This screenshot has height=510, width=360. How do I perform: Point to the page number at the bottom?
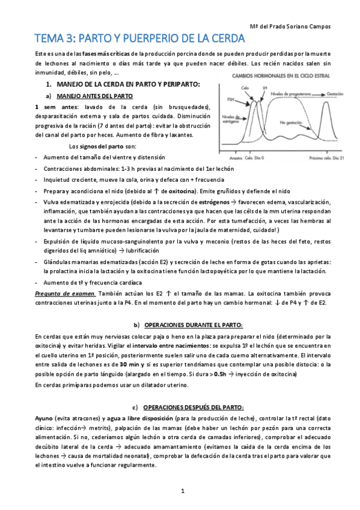[x=182, y=492]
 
